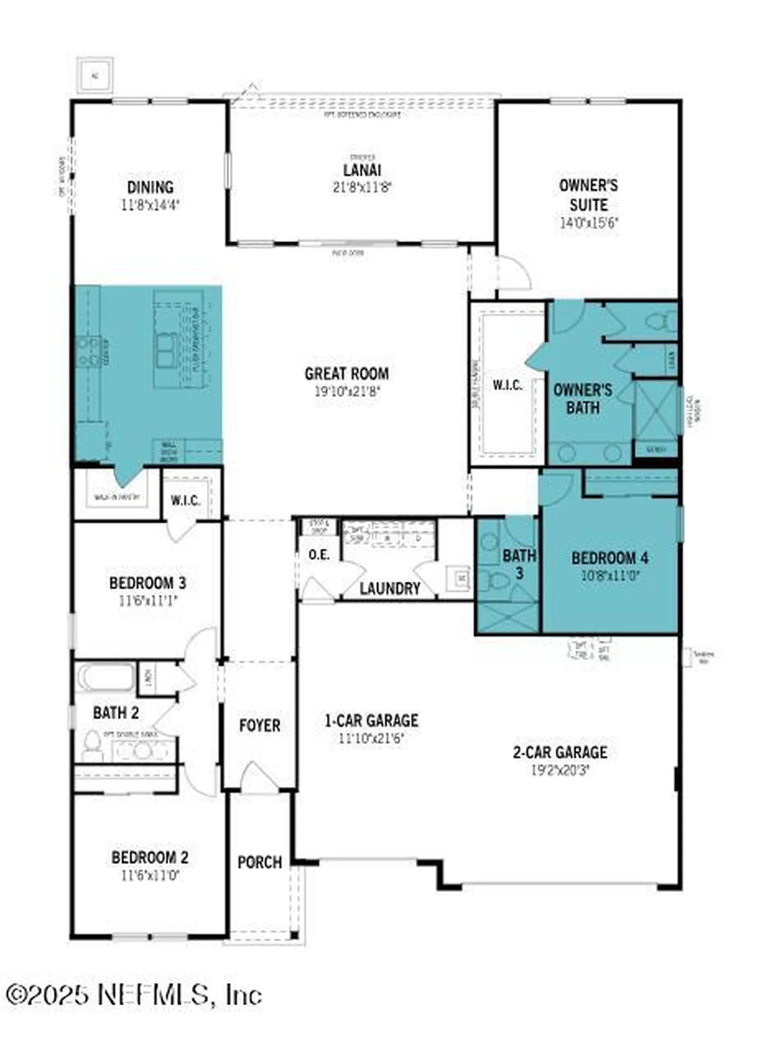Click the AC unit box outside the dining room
95,75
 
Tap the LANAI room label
362,170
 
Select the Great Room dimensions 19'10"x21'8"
347,391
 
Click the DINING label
150,188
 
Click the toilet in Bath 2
92,746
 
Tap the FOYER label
259,725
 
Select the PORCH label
259,862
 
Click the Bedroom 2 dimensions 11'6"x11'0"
150,875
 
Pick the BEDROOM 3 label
148,583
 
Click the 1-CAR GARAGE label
372,721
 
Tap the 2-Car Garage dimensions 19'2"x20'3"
560,770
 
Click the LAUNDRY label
390,588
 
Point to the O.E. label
319,555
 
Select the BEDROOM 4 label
610,558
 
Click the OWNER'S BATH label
583,399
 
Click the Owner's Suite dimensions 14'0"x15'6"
589,223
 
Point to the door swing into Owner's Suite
514,274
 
